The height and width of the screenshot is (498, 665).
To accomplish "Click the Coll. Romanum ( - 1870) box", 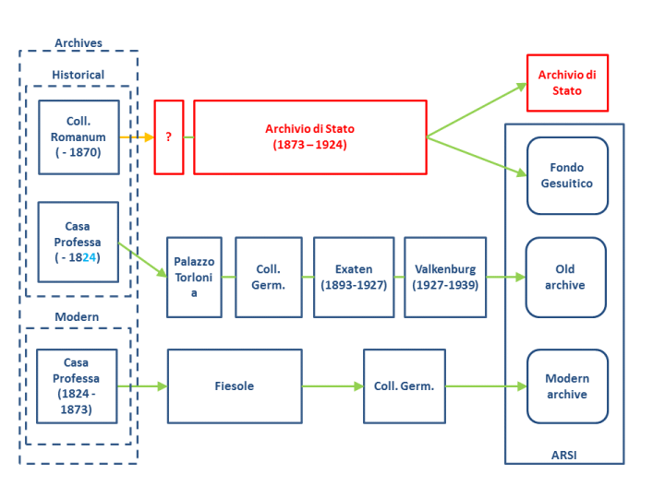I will (x=79, y=136).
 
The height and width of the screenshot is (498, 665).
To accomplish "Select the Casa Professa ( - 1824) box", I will (x=79, y=242).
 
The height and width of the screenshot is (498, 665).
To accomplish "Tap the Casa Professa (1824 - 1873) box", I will (x=77, y=385).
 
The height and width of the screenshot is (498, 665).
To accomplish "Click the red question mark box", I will (x=169, y=136).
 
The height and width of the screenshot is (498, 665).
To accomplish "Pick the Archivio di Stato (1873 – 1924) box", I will (x=309, y=136).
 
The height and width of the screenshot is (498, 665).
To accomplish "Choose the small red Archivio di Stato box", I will (x=567, y=83).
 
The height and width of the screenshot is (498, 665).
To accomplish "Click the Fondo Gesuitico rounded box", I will (x=567, y=175).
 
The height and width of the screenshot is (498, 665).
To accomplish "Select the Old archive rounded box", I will (x=565, y=277).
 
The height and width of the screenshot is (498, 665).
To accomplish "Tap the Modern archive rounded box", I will (x=567, y=385).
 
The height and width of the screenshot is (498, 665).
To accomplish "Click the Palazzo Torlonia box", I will (x=194, y=277).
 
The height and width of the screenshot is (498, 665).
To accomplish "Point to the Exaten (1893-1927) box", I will (x=354, y=277).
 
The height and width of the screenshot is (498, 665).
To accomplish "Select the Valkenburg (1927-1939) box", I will (x=445, y=277).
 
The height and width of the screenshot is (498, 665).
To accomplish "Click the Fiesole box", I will (x=235, y=385).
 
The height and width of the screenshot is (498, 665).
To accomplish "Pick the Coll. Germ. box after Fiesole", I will (x=404, y=385).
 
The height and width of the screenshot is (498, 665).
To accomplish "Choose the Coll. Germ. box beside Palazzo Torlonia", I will (x=268, y=277).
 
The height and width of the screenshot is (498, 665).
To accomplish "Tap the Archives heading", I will (x=79, y=43).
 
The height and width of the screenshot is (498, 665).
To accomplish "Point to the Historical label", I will (x=79, y=75).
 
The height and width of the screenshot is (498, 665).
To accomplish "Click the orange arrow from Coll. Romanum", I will (x=137, y=136).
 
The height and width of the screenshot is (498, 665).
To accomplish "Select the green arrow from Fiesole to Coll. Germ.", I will (x=332, y=385).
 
